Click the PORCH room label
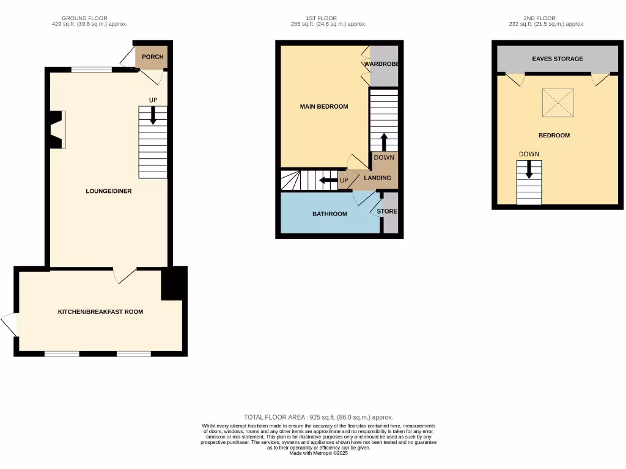152,57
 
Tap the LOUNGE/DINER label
108,191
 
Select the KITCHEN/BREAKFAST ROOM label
100,311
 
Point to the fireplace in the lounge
57,129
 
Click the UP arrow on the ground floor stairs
153,116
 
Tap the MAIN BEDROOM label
323,106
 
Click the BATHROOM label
330,214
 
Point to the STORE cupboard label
387,211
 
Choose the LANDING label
377,178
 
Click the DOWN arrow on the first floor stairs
384,142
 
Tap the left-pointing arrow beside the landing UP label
328,180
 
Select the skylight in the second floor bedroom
558,102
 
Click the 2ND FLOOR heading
539,18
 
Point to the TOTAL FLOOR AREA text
318,416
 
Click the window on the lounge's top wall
91,70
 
